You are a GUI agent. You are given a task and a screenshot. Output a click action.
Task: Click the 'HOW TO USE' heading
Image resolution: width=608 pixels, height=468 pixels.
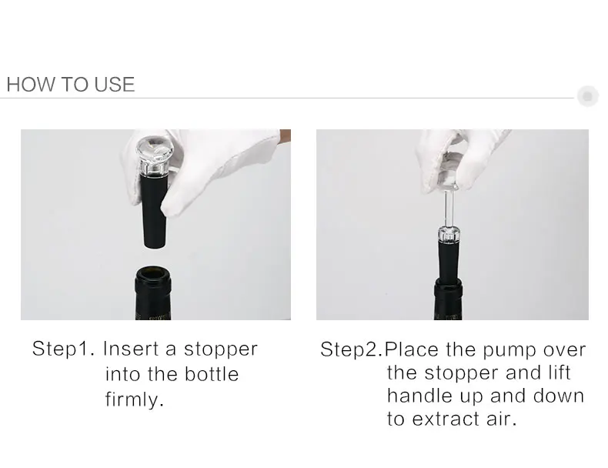[71, 84]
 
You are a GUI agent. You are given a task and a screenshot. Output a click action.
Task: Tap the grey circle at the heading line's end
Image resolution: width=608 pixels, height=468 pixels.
[587, 95]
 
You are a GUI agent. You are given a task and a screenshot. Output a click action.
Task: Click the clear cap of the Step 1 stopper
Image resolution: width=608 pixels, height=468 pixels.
[155, 154]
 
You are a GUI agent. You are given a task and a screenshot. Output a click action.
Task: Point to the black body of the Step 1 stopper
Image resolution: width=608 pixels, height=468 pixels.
[154, 209]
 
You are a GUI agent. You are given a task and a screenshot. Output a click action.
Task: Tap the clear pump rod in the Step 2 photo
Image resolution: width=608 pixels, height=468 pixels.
[449, 207]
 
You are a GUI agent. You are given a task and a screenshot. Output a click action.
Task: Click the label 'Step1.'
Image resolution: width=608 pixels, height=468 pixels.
[63, 349]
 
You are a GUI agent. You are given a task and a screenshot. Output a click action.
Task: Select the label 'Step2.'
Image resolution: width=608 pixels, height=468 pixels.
[352, 349]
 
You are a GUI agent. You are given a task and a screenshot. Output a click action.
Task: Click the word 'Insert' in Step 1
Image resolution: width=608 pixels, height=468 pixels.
[130, 349]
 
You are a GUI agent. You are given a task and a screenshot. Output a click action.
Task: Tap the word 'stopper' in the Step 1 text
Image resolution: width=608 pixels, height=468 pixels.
[221, 349]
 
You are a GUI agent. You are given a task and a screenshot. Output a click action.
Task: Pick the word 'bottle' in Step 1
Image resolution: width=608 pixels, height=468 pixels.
[212, 374]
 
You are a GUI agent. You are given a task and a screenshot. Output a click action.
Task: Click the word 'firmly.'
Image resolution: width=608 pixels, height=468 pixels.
[135, 399]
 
